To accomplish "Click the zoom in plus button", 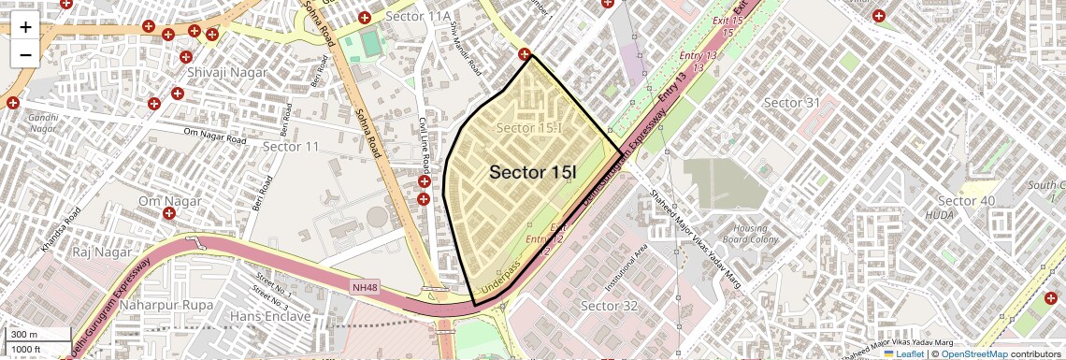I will click(x=25, y=26).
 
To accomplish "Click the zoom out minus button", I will click(x=25, y=54).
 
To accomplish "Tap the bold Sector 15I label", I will click(x=533, y=172).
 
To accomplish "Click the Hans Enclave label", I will click(x=270, y=317).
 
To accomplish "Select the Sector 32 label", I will click(x=610, y=306).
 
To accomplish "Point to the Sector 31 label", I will click(x=791, y=102).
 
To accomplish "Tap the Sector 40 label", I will click(x=966, y=201).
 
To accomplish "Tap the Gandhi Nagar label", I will click(x=43, y=123).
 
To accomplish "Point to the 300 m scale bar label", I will click(x=24, y=334).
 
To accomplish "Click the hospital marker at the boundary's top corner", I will click(x=526, y=55).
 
